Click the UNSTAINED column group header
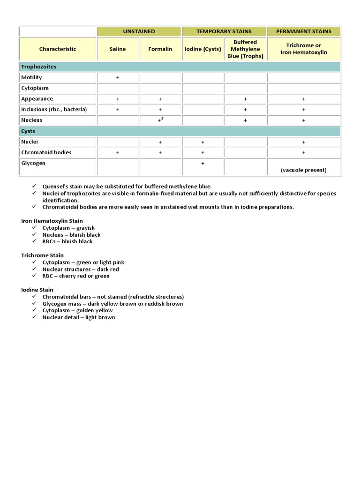(x=139, y=31)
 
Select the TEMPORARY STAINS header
(x=224, y=31)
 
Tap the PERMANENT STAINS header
(x=304, y=31)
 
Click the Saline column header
(x=118, y=49)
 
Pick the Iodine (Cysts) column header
(x=202, y=49)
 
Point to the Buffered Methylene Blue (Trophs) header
(x=245, y=49)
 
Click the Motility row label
(x=31, y=77)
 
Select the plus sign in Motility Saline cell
(x=118, y=78)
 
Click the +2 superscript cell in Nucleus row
(x=160, y=120)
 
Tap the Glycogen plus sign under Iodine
(x=202, y=164)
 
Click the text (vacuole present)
(x=304, y=170)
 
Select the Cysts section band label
(x=28, y=131)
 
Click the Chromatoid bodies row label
(x=46, y=152)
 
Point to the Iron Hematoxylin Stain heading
(x=52, y=221)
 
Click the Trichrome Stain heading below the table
(x=43, y=255)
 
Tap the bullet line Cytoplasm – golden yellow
(x=77, y=310)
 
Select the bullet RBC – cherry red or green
(x=76, y=276)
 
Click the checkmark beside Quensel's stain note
(x=35, y=186)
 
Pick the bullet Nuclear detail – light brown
(x=78, y=317)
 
